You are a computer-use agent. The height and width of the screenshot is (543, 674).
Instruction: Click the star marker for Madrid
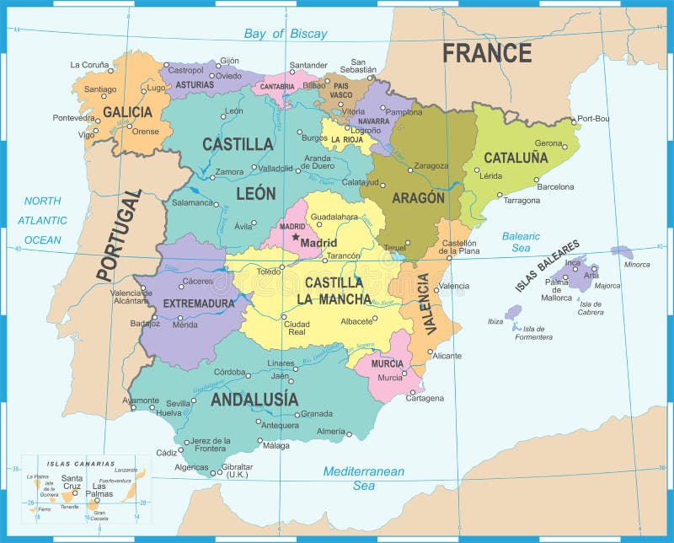295,238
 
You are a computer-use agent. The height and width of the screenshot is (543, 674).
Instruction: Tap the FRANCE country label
487,53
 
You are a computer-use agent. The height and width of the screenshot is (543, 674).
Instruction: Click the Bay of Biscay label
285,35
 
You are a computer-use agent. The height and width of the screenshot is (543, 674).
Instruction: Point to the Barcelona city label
555,186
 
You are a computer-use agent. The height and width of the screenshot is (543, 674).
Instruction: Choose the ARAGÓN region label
418,198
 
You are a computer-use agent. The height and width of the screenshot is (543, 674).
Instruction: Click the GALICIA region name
127,112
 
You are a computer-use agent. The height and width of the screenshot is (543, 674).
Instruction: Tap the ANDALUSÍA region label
254,399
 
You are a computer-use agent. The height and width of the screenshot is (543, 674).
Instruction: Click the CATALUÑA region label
516,158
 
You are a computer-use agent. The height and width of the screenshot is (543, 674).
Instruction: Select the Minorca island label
637,264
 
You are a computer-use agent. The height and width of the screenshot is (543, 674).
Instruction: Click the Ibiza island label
495,321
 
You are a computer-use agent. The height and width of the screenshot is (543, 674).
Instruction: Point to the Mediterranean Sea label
364,478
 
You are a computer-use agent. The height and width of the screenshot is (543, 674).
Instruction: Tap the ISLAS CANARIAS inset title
81,464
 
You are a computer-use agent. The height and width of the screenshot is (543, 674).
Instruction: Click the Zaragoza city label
431,165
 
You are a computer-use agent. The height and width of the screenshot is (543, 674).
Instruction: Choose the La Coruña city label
88,64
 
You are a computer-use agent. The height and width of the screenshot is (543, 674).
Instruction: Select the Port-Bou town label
594,118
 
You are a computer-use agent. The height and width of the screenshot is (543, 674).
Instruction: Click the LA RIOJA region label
346,139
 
